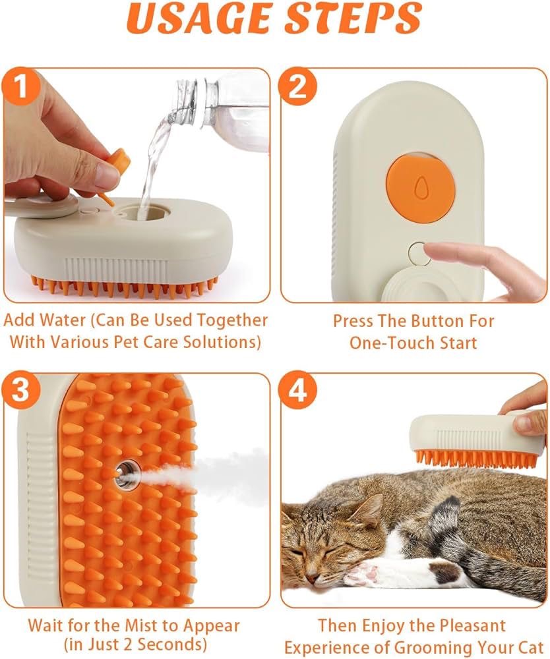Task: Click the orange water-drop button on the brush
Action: tap(419, 188)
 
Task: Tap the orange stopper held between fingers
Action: tap(119, 161)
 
